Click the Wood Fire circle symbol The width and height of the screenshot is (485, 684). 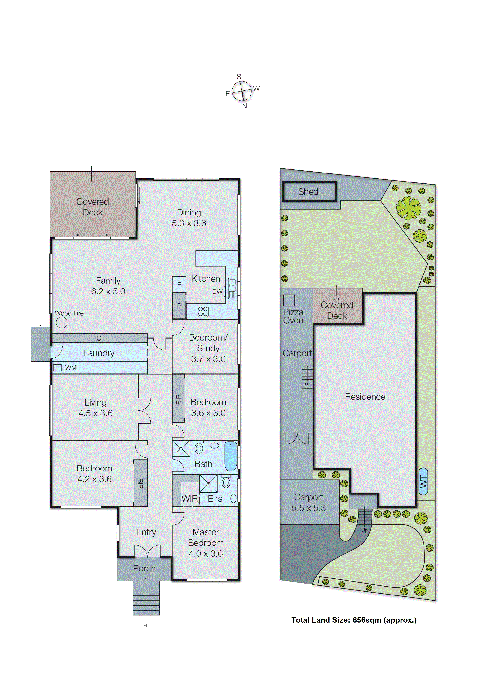62,322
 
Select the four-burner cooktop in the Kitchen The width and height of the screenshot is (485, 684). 203,311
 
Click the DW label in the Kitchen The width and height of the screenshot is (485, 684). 217,292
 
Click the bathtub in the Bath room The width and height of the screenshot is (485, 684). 231,456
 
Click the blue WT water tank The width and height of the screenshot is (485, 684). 423,481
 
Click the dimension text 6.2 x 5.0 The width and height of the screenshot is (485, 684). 108,291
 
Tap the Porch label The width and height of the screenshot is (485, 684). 144,568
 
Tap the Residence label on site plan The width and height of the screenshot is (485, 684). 365,397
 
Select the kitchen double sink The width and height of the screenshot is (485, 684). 232,288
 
